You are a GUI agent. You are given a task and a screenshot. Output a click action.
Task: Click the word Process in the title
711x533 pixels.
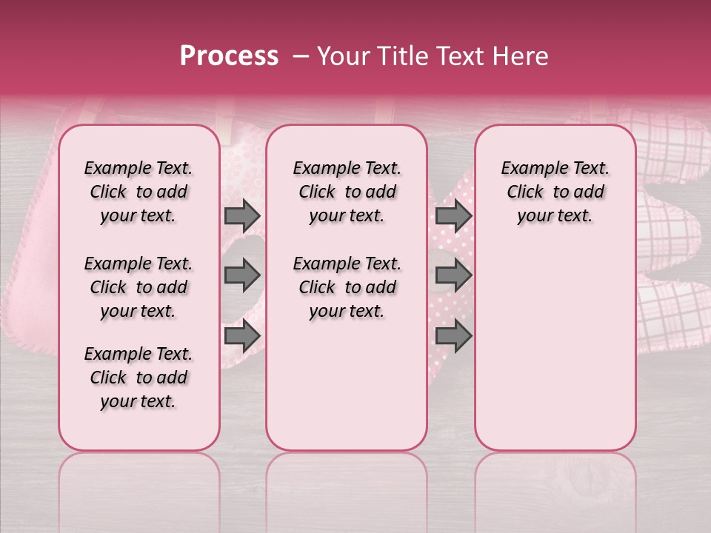click(x=229, y=56)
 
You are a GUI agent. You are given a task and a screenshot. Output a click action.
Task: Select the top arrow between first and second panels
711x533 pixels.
click(x=242, y=215)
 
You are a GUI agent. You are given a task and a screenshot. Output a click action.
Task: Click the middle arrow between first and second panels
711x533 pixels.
click(x=242, y=275)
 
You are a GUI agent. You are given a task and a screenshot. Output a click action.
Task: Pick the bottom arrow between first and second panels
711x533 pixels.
click(x=242, y=335)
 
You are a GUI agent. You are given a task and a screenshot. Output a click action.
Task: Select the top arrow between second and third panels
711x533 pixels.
click(x=453, y=215)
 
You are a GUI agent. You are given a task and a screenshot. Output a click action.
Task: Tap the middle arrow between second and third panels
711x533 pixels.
click(x=453, y=275)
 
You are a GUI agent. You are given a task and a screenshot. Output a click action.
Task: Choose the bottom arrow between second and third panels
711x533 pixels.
click(x=453, y=335)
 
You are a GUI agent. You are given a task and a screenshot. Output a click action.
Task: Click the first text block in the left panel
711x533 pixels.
click(x=138, y=192)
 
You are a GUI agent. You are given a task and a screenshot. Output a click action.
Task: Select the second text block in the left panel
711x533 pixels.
click(x=138, y=287)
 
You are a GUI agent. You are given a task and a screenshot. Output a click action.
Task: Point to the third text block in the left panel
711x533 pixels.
click(x=138, y=378)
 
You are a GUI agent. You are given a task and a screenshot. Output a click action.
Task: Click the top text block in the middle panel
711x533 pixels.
click(x=347, y=192)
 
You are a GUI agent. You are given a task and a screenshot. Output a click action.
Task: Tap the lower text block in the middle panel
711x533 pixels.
click(x=347, y=287)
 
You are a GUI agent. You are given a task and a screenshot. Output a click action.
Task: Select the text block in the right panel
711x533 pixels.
click(x=555, y=192)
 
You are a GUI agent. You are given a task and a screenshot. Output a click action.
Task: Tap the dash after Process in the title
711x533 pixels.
click(x=300, y=56)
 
